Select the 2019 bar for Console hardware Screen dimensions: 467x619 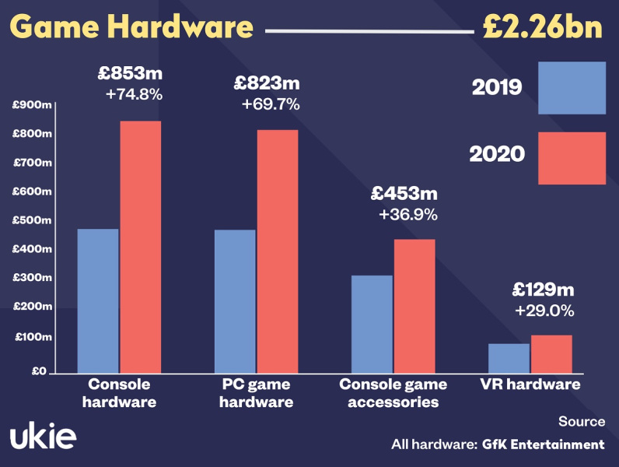pos(98,300)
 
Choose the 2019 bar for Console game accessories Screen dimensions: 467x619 pos(372,324)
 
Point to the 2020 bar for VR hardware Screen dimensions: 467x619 pos(551,353)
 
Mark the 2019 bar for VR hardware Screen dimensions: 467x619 pos(509,358)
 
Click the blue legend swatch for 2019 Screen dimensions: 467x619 pos(572,87)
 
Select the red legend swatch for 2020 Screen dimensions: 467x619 pos(572,158)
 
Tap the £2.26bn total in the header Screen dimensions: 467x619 pos(542,26)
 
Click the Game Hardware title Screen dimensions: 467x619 pos(132,26)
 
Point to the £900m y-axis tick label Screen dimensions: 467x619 pos(32,105)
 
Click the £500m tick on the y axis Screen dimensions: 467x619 pos(32,220)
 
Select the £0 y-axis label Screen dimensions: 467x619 pos(38,371)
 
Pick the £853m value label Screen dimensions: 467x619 pos(131,75)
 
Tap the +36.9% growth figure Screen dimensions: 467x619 pos(407,213)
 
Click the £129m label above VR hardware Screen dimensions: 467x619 pos(543,290)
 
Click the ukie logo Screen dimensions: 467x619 pos(43,437)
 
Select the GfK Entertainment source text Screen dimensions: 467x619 pos(543,444)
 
